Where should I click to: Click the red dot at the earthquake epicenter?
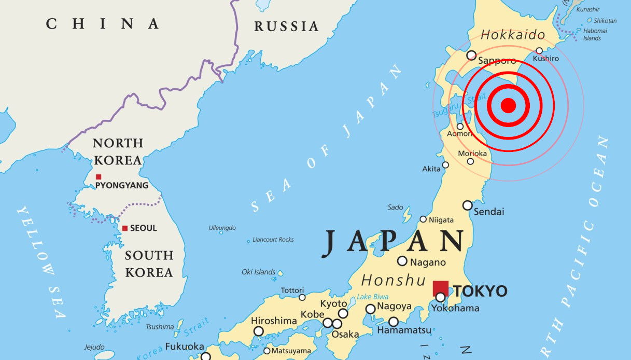pos(508,105)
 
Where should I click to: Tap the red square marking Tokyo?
pos(441,288)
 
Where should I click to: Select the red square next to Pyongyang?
pos(99,177)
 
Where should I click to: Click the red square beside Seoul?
pos(124,228)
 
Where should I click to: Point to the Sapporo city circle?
pos(471,55)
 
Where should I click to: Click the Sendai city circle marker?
pos(467,205)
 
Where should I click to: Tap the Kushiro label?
pos(545,59)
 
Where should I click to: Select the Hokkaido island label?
pos(513,35)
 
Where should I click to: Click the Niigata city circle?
pos(423,219)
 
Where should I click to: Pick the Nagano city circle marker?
pos(402,261)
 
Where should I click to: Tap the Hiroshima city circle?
pos(258,331)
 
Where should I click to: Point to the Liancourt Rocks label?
pos(273,240)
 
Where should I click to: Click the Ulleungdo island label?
pos(222,228)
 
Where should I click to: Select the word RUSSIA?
pos(286,26)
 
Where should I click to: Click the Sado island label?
pos(395,207)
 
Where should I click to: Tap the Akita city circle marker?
pos(445,165)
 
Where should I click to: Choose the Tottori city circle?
pos(302,297)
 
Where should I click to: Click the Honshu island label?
pos(394,281)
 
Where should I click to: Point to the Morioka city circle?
pos(470,161)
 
